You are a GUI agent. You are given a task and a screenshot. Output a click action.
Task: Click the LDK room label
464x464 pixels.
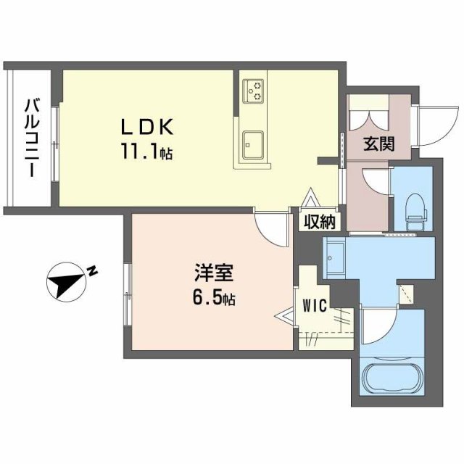tap(146, 127)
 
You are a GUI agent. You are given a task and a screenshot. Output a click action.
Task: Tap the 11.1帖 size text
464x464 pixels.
tap(146, 153)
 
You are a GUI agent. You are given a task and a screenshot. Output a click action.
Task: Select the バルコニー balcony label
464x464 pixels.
tap(31, 138)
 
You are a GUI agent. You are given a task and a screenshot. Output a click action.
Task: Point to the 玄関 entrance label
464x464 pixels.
tap(378, 144)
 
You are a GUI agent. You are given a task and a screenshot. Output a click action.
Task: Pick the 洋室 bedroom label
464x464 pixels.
tap(212, 275)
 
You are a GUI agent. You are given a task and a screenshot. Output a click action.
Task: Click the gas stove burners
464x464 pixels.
tap(254, 90)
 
